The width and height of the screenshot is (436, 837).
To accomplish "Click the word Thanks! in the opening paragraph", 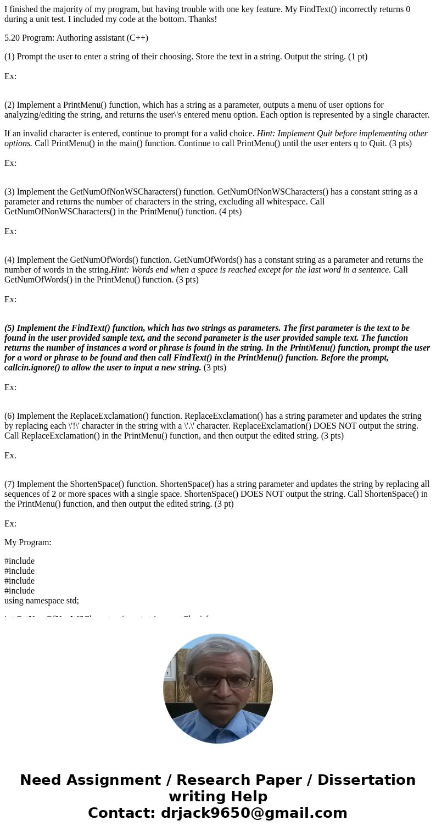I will [202, 19].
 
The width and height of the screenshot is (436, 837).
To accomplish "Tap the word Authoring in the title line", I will [74, 38].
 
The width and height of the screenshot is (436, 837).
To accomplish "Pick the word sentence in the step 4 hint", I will [373, 270].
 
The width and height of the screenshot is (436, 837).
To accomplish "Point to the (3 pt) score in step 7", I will [220, 504].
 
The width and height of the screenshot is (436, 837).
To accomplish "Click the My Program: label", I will [28, 542].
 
